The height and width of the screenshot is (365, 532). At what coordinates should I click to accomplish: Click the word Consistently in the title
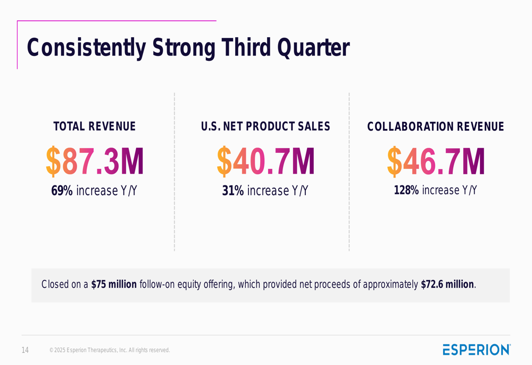86,48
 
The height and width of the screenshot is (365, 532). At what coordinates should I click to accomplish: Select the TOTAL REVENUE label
95,126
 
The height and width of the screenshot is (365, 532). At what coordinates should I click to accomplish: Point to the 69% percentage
62,190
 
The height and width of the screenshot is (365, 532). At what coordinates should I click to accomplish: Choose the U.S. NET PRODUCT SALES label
265,126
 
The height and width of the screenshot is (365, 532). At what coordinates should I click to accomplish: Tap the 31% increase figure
233,190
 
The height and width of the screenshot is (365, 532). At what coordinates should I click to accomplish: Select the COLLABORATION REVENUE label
436,127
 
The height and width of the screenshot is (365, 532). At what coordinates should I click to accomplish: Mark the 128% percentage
406,190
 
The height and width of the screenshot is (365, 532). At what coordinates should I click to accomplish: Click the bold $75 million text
114,285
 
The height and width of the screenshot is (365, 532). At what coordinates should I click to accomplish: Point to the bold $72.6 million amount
447,285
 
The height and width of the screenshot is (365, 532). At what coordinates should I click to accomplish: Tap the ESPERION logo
476,350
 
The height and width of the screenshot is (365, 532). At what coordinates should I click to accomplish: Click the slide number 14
25,350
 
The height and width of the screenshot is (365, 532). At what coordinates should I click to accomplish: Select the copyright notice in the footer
110,350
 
